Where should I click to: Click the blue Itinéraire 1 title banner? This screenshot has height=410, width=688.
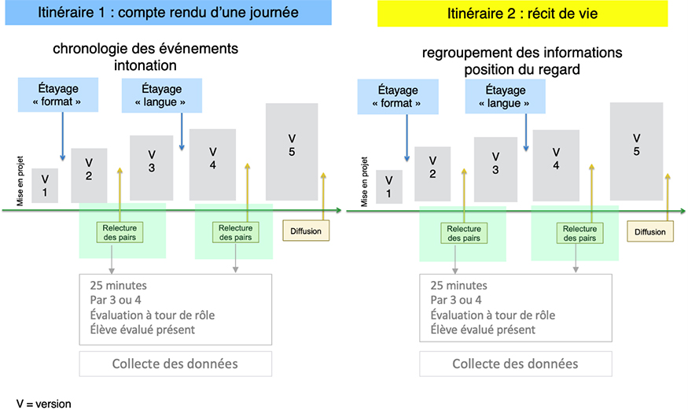click(168, 13)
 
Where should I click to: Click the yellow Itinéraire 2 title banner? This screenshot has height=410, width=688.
click(523, 13)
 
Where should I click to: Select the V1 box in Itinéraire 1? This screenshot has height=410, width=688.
click(45, 186)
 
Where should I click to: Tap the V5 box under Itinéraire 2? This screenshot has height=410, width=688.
click(636, 151)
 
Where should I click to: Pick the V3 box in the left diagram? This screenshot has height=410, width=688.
click(152, 168)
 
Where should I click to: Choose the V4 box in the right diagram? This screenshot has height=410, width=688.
click(556, 165)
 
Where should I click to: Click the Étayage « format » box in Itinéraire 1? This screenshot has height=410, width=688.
click(58, 94)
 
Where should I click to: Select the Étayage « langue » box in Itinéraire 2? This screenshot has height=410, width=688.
click(505, 97)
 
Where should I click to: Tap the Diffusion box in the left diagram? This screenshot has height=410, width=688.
click(306, 231)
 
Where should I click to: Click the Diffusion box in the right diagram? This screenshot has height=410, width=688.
click(650, 232)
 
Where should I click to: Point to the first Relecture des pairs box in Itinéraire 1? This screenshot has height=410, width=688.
click(120, 233)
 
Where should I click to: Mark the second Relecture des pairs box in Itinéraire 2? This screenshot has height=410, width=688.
click(579, 233)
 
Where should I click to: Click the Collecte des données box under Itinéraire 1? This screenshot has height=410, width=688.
click(175, 364)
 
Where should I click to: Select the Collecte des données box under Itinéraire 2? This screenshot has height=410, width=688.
click(516, 364)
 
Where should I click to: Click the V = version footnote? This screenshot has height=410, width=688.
click(43, 404)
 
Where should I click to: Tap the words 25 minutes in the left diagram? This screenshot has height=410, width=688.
click(119, 286)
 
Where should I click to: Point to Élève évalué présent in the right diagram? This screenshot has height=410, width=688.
click(483, 330)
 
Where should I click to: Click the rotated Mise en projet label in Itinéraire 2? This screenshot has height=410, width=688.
click(364, 182)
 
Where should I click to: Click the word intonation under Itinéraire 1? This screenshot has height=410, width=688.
click(145, 65)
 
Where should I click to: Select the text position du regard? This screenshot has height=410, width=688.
click(522, 69)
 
